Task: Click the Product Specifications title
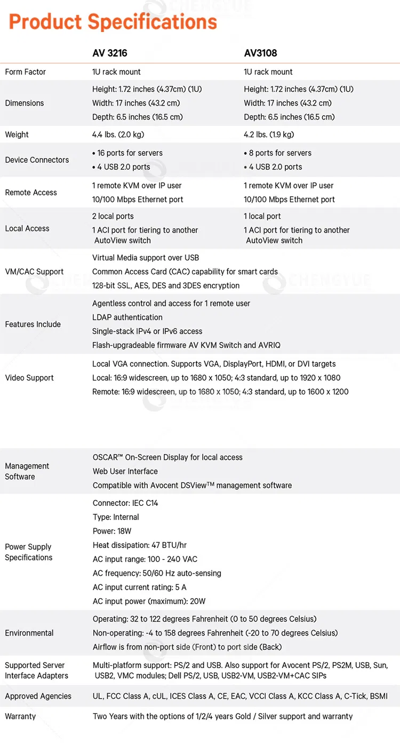[113, 22]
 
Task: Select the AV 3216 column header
[110, 53]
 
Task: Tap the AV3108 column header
[260, 53]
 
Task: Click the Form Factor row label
[26, 72]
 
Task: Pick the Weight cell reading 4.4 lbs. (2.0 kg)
[118, 134]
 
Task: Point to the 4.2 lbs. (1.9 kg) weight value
[269, 134]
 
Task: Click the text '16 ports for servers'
[130, 153]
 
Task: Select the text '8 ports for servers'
[280, 153]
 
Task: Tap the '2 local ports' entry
[113, 216]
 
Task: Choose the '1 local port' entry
[262, 216]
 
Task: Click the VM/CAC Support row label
[34, 272]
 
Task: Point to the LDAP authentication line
[127, 317]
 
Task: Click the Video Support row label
[29, 378]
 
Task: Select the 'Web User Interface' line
[125, 472]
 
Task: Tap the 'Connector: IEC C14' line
[125, 503]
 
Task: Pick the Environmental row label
[29, 633]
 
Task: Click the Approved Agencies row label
[38, 696]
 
